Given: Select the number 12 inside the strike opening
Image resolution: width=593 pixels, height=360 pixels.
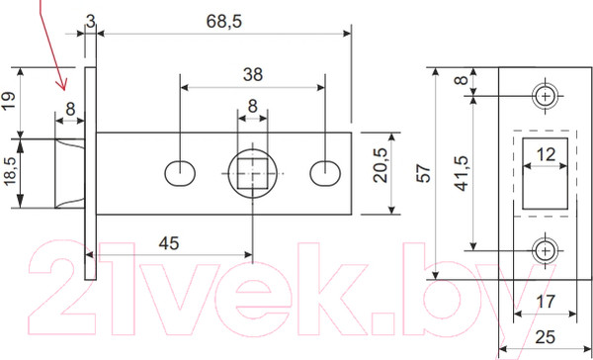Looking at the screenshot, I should pos(545,153).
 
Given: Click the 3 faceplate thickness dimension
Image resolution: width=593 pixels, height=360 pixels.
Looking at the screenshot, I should pos(90,20).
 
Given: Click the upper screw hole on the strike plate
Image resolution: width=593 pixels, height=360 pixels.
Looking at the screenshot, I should pos(544,96).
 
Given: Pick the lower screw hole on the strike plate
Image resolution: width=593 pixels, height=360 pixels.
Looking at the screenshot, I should pos(544,250).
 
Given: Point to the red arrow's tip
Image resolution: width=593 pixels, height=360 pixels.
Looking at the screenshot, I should pos(61,87).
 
